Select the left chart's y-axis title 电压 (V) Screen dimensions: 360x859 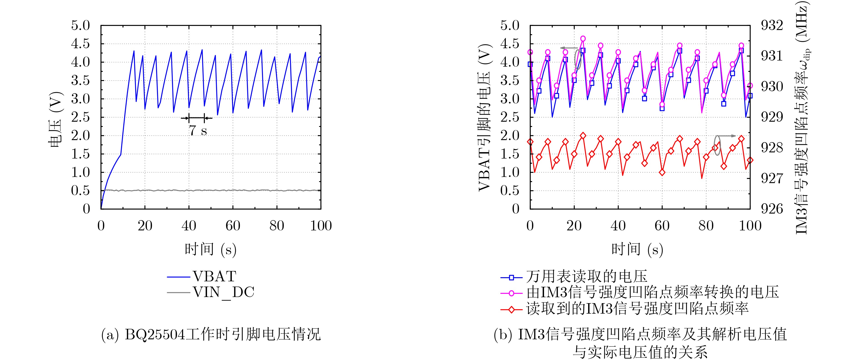(55, 119)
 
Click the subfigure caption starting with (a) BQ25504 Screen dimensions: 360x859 (211, 334)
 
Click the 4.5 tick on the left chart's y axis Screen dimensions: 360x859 (80, 44)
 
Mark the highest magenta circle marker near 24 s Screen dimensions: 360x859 (583, 39)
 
